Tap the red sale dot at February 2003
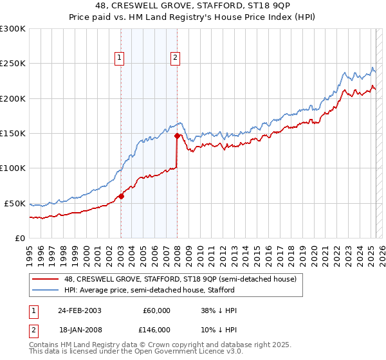(x=121, y=197)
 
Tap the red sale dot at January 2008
(x=177, y=136)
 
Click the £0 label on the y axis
(x=19, y=238)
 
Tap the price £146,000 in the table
(x=155, y=329)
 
